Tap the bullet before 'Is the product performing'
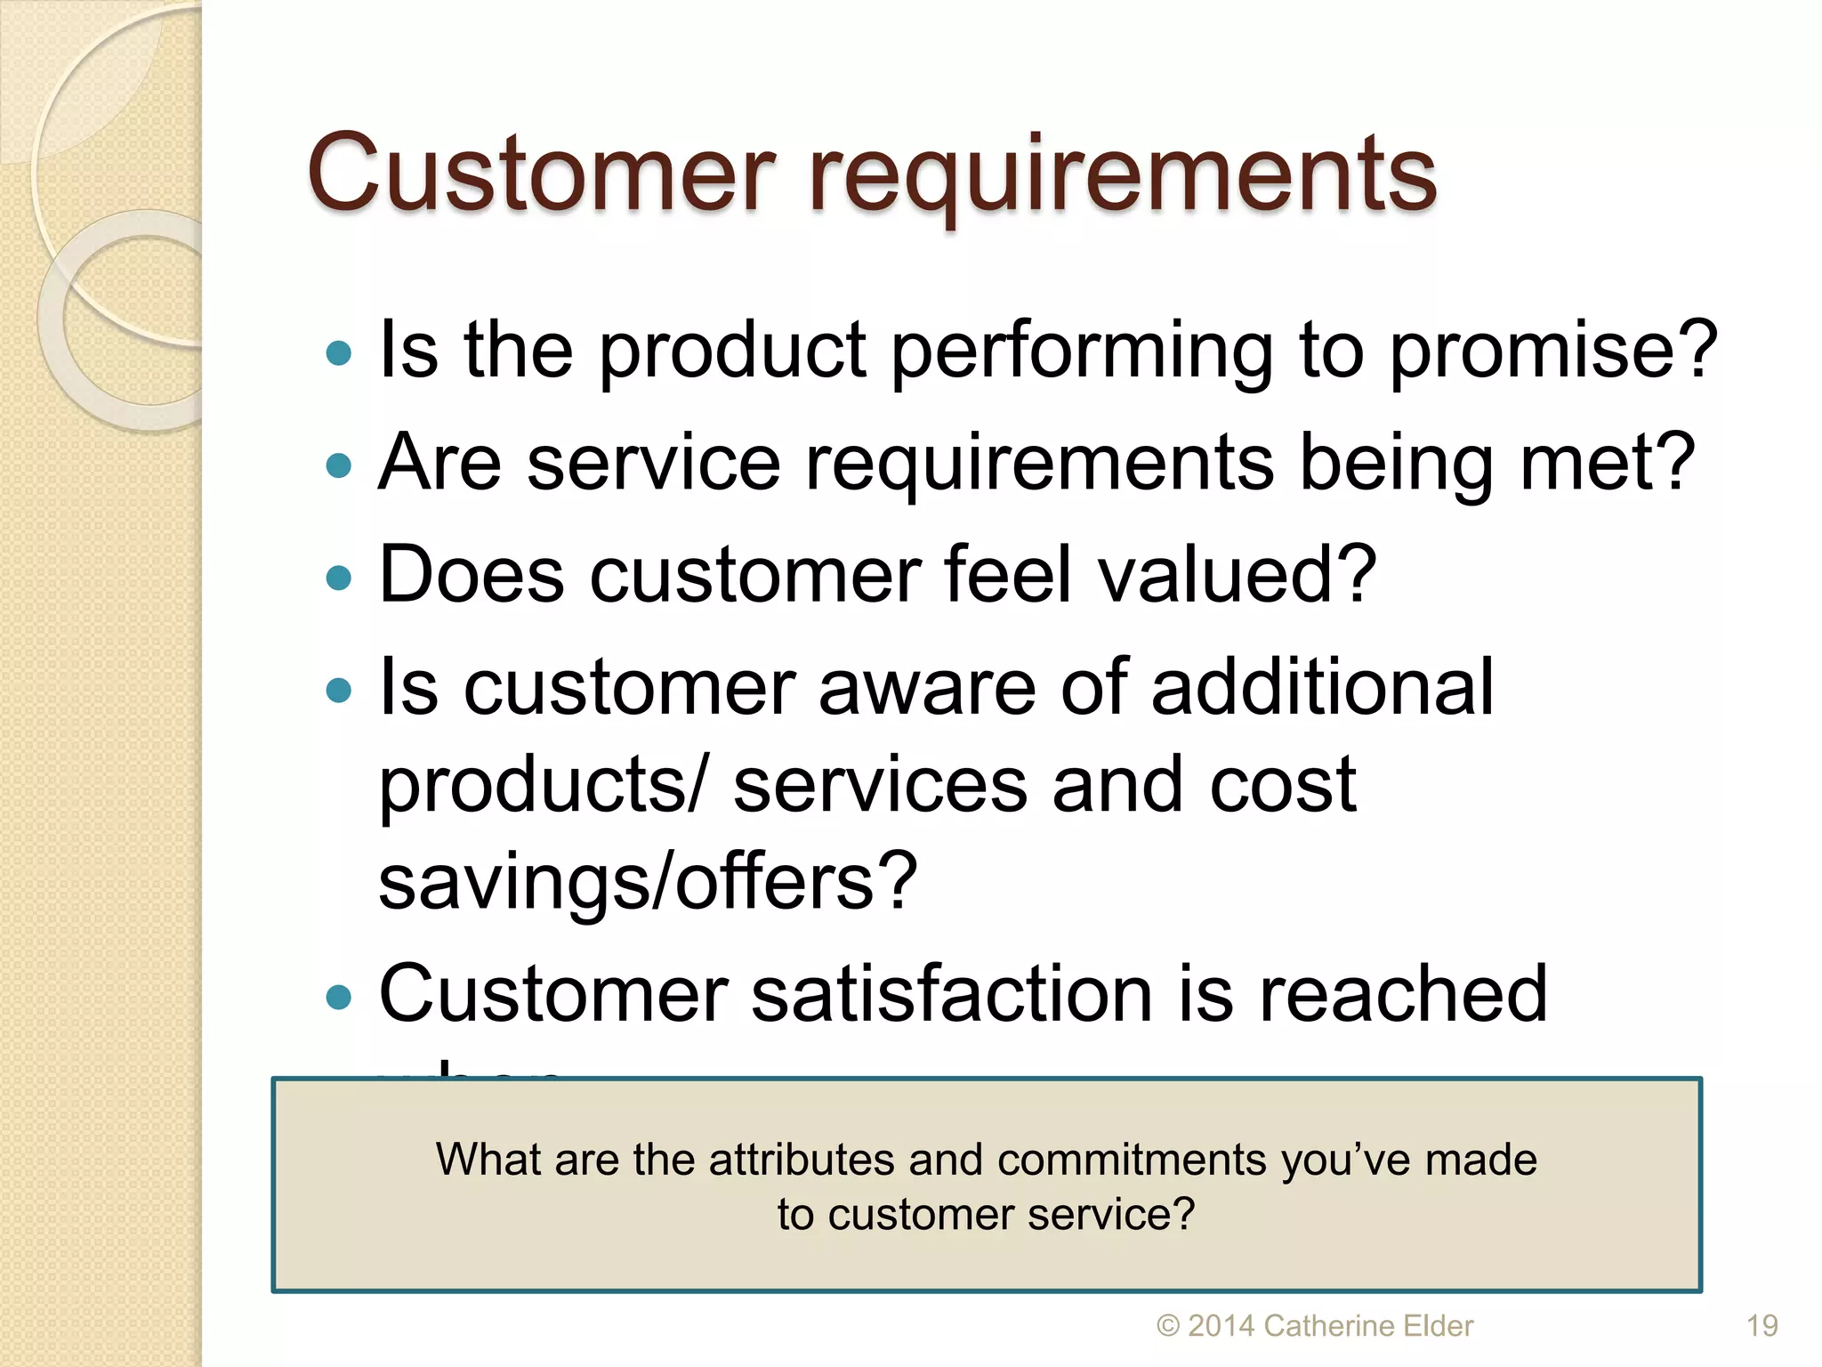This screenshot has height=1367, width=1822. point(339,353)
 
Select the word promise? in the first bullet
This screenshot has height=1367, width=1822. point(1553,352)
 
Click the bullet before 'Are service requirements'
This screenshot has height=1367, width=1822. point(339,465)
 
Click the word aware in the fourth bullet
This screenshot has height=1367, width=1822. point(927,687)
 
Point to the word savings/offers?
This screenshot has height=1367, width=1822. point(648,881)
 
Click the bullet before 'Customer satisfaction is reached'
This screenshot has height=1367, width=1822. point(339,997)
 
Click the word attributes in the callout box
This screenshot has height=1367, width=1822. point(802,1161)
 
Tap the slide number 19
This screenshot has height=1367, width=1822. point(1762,1326)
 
